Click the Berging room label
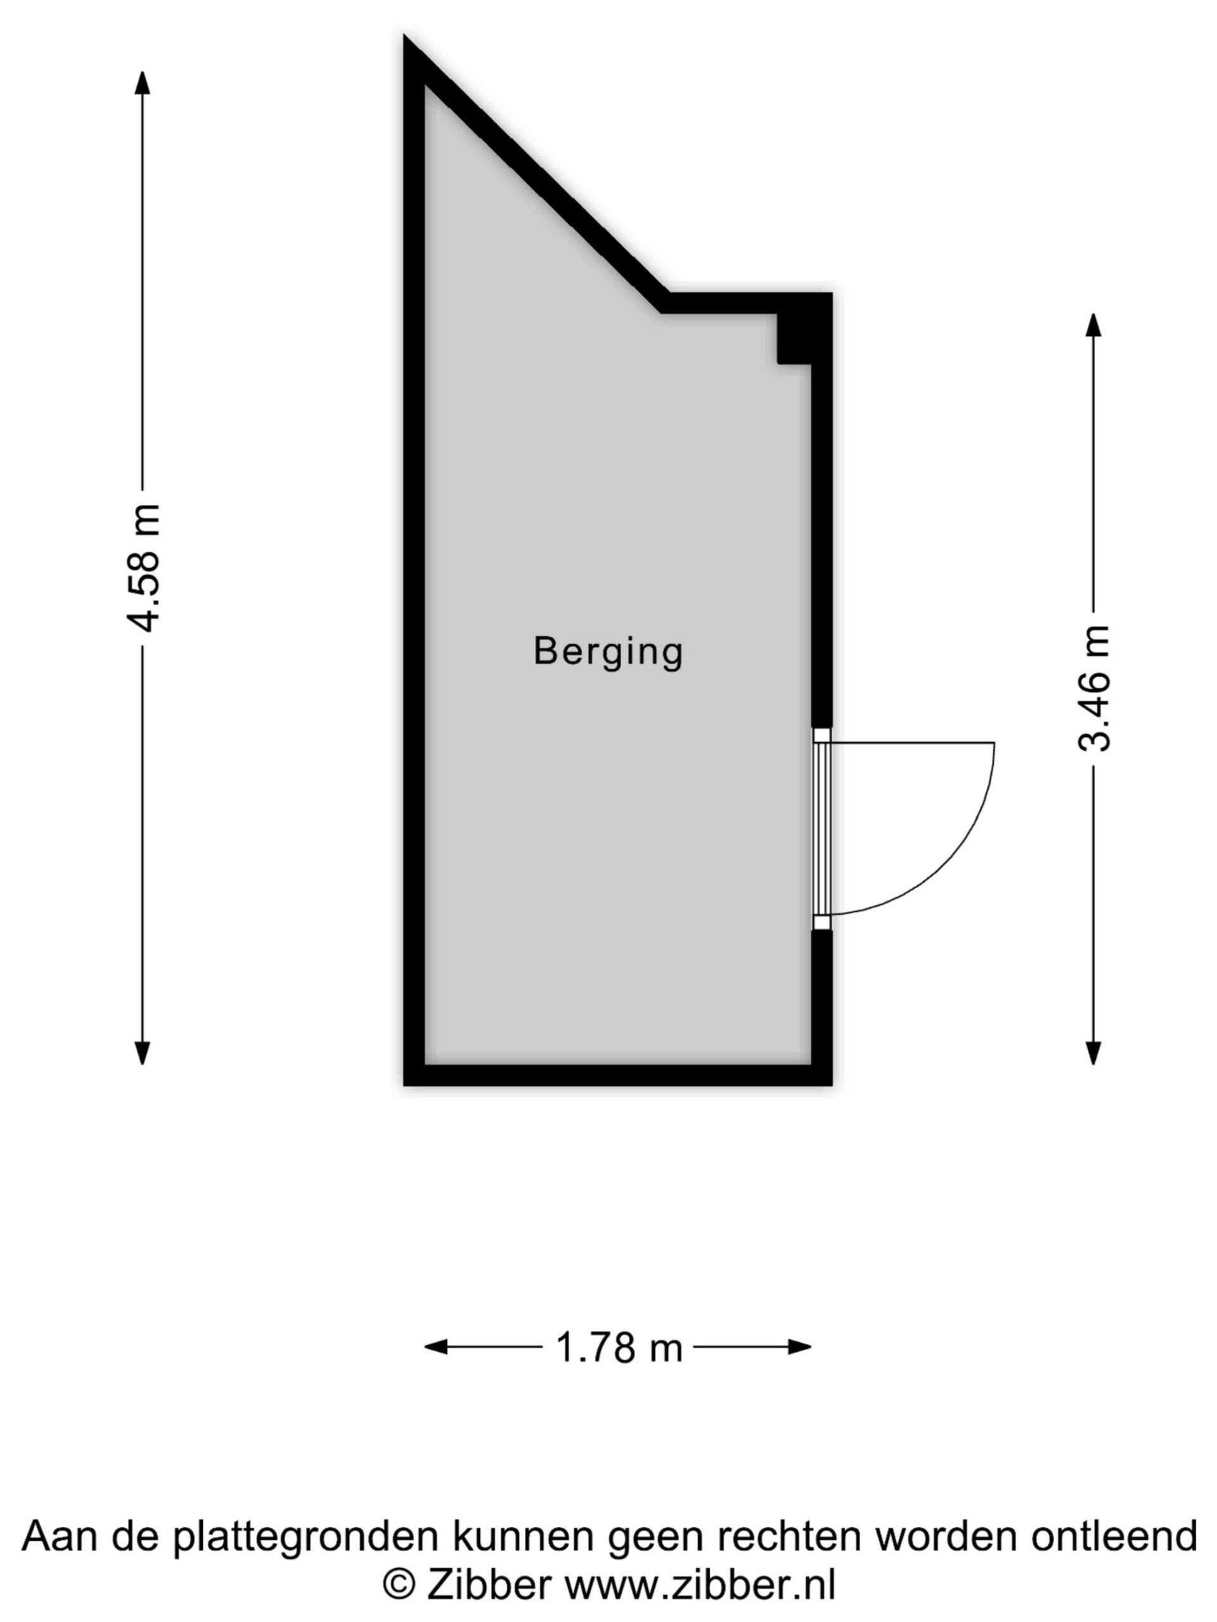coord(608,651)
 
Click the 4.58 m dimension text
coord(143,568)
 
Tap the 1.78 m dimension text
coord(619,1347)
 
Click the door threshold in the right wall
coord(821,829)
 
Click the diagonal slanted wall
coord(536,174)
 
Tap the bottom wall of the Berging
coord(617,1075)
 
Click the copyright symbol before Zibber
coord(399,1587)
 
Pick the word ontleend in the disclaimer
coord(1113,1536)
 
